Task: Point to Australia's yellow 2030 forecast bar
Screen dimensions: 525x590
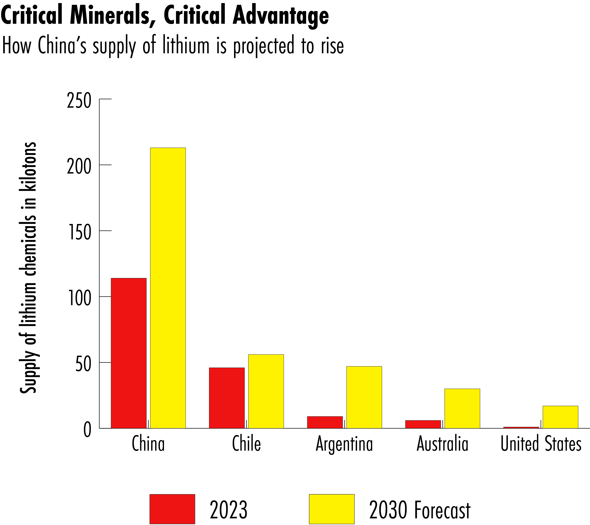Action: tap(462, 408)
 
